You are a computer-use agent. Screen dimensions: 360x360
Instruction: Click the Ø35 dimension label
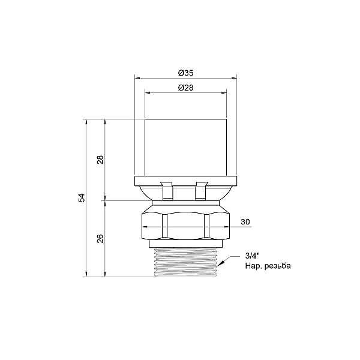pyautogui.click(x=185, y=73)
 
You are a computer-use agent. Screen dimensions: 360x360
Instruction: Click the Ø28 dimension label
pyautogui.click(x=185, y=88)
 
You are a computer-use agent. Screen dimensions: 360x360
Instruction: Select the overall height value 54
pyautogui.click(x=82, y=198)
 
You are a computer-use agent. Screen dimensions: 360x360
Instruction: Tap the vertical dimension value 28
pyautogui.click(x=100, y=160)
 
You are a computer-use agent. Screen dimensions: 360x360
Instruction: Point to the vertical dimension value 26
pyautogui.click(x=100, y=239)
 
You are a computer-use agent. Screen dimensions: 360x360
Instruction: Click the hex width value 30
pyautogui.click(x=245, y=222)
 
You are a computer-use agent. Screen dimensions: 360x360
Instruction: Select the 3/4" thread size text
pyautogui.click(x=252, y=256)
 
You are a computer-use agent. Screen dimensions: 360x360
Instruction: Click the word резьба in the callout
pyautogui.click(x=277, y=266)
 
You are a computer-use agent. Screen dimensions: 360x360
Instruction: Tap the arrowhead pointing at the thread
pyautogui.click(x=221, y=263)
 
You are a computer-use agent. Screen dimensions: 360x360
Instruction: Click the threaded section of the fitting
pyautogui.click(x=185, y=262)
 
